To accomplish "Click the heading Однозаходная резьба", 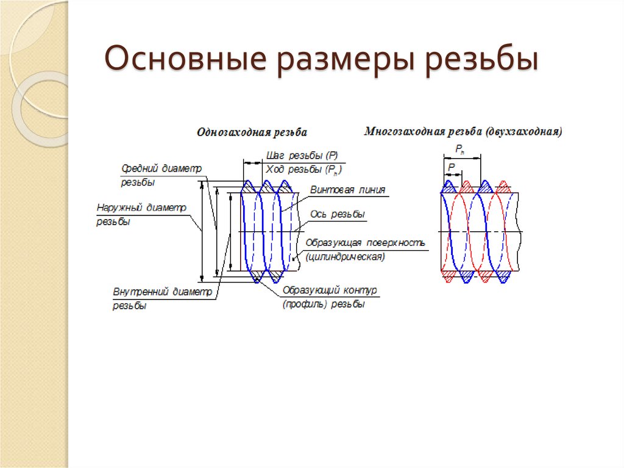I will pyautogui.click(x=252, y=132).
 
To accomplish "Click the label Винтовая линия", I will pyautogui.click(x=348, y=190).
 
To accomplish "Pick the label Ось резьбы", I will pyautogui.click(x=338, y=214).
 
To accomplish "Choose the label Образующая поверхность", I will pyautogui.click(x=365, y=243).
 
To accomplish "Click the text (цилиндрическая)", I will pyautogui.click(x=345, y=257).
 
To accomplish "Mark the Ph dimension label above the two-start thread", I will pyautogui.click(x=460, y=149).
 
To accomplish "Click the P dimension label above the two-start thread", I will pyautogui.click(x=451, y=166).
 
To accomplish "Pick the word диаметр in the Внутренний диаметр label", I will pyautogui.click(x=192, y=292).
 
